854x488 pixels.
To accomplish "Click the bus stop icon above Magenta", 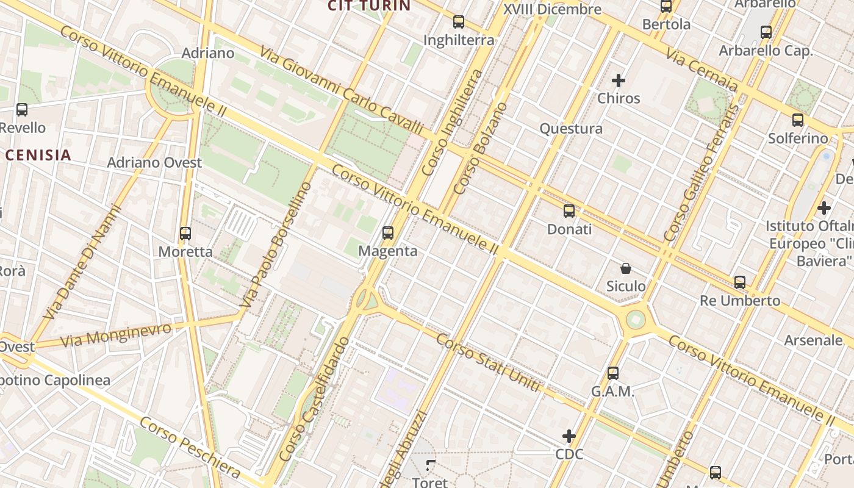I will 387,232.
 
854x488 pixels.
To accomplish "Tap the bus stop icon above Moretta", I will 185,233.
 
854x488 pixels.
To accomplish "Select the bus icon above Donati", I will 569,211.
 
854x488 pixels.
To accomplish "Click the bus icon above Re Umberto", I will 740,282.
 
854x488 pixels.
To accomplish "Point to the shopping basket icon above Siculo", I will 626,268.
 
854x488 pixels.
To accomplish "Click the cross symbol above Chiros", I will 619,80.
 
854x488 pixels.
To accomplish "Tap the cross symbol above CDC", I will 569,436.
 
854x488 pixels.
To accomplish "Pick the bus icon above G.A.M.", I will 613,373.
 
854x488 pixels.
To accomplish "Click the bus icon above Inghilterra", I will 459,22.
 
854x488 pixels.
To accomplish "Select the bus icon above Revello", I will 22,110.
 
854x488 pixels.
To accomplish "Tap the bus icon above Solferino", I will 798,120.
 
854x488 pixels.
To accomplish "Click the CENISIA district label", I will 38,155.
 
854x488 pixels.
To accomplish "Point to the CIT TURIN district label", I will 369,6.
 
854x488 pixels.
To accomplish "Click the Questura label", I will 571,129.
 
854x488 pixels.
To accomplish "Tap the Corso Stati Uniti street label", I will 488,362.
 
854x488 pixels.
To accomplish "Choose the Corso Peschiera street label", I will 190,448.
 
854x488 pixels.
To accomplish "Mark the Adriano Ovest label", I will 154,163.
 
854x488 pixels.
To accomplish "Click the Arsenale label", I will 813,340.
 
